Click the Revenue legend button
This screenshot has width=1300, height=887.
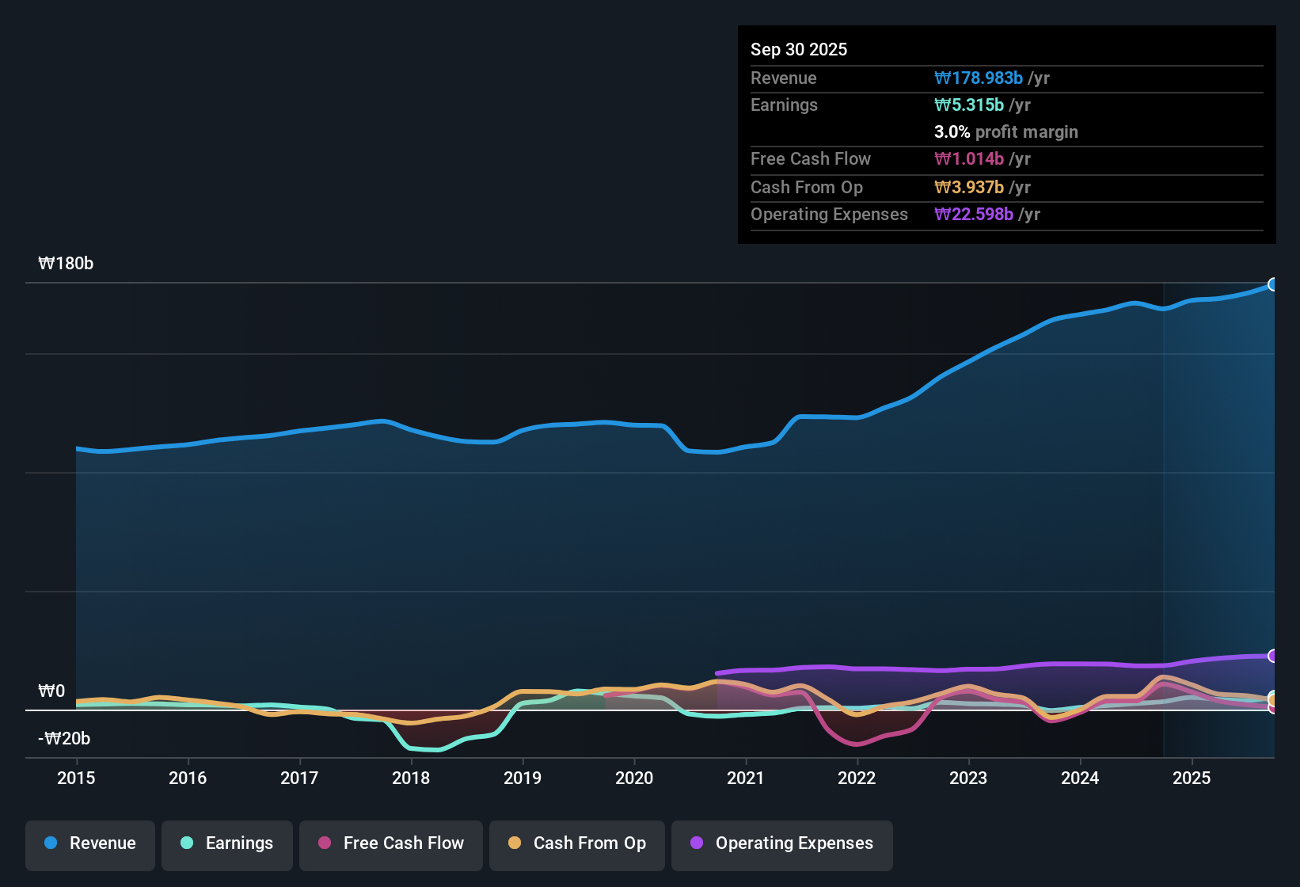click(90, 843)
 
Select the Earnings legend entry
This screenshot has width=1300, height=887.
click(227, 843)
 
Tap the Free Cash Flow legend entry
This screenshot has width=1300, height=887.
click(391, 843)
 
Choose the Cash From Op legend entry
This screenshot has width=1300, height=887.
click(577, 843)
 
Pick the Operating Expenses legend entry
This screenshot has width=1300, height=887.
click(782, 843)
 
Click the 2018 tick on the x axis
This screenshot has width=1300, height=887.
click(411, 778)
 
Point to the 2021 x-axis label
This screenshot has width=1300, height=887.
click(746, 778)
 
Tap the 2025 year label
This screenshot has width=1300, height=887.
click(1192, 778)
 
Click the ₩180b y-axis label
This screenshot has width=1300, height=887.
click(66, 264)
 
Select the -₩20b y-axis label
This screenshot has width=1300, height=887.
click(64, 739)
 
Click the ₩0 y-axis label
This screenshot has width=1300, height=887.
click(51, 691)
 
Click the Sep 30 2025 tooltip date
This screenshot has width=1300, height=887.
click(799, 49)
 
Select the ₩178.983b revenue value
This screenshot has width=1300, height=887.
click(979, 78)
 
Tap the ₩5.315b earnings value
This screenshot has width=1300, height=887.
click(969, 105)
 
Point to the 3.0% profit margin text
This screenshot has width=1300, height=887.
click(1005, 132)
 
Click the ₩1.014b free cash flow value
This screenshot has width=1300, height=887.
click(969, 159)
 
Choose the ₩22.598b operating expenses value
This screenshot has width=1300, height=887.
click(974, 215)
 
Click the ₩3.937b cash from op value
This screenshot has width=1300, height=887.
click(969, 188)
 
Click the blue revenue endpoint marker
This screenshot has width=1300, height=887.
click(1273, 284)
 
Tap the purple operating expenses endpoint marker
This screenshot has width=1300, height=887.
click(1273, 656)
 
